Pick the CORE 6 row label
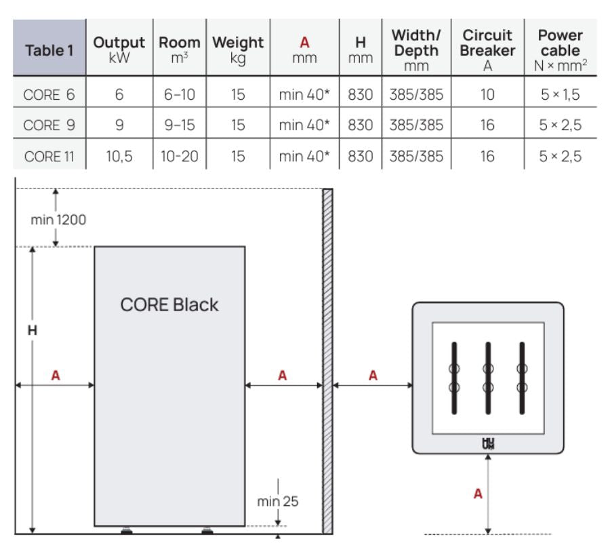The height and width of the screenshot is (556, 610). (49, 96)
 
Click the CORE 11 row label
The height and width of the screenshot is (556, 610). (49, 159)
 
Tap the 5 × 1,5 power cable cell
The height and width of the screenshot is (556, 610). (561, 96)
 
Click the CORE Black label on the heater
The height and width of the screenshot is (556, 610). (169, 304)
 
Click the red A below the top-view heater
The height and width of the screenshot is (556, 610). (478, 494)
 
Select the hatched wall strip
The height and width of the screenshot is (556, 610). (327, 359)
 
